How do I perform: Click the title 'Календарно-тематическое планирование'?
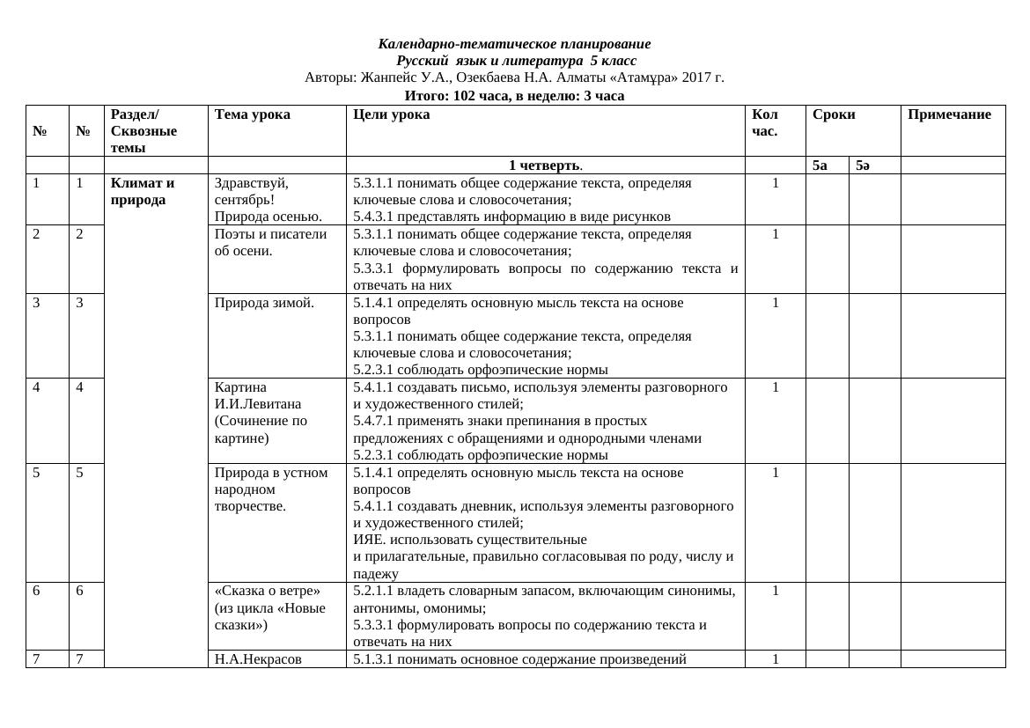pos(514,44)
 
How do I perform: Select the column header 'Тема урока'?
pos(252,114)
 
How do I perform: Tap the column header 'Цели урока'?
pos(391,114)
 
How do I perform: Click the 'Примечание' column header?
pos(949,114)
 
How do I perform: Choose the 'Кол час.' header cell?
pos(765,122)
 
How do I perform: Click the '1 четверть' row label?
pos(545,165)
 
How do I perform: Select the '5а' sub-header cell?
pos(820,165)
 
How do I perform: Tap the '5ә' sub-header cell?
pos(863,165)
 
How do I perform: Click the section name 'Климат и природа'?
pos(143,192)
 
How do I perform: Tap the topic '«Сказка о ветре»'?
pos(268,591)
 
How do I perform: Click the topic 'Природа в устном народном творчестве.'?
pos(271,489)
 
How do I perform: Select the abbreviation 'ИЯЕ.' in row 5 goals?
pos(368,540)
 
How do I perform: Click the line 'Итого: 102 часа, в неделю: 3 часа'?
pos(514,96)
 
